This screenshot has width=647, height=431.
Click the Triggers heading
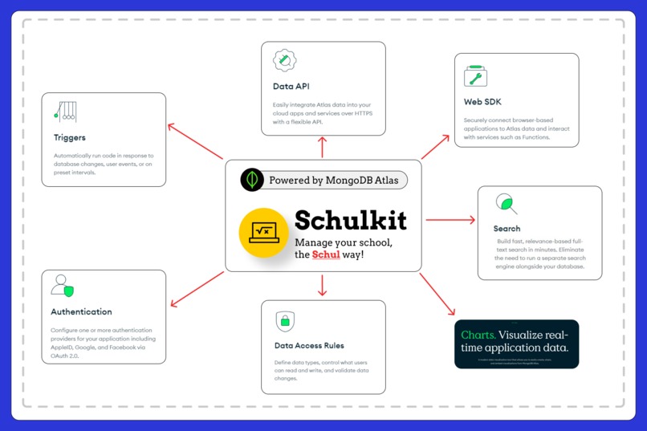pyautogui.click(x=70, y=137)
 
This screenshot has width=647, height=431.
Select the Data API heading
pyautogui.click(x=291, y=86)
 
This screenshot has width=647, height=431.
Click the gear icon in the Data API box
pyautogui.click(x=285, y=60)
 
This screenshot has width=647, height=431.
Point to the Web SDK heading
pyautogui.click(x=482, y=102)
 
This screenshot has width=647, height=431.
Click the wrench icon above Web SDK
pyautogui.click(x=475, y=76)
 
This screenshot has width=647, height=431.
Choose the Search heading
pyautogui.click(x=507, y=229)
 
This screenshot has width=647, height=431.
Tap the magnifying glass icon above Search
pyautogui.click(x=506, y=203)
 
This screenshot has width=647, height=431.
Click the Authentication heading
pyautogui.click(x=81, y=311)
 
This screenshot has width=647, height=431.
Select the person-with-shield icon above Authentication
pyautogui.click(x=63, y=286)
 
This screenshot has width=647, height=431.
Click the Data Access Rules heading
pyautogui.click(x=309, y=346)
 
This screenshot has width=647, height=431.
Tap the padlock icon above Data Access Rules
pyautogui.click(x=284, y=321)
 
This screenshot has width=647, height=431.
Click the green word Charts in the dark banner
pyautogui.click(x=477, y=335)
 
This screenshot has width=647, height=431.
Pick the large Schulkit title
pyautogui.click(x=350, y=220)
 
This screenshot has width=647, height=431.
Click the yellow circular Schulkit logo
pyautogui.click(x=264, y=233)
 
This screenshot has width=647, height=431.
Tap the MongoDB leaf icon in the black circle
pyautogui.click(x=253, y=180)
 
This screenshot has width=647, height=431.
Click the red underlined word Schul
pyautogui.click(x=326, y=254)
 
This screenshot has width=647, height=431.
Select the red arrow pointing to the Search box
pyautogui.click(x=450, y=218)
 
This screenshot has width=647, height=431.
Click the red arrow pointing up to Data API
pyautogui.click(x=323, y=147)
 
